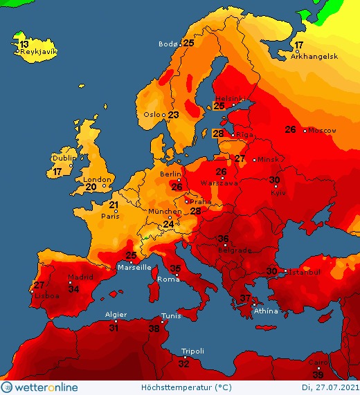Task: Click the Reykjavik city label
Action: pos(38,52)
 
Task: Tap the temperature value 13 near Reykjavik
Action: pos(24,44)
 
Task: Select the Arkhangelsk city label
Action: pos(314,57)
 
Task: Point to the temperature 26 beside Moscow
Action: pos(291,129)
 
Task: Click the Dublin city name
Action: pos(63,158)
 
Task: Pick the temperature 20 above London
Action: pos(91,187)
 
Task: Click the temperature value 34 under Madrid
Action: pos(73,288)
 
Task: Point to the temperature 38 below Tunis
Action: pos(154,329)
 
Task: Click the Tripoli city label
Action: pos(192,351)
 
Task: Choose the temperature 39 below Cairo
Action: pos(318,374)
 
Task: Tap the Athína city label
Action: pos(267,311)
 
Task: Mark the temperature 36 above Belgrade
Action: pos(223,239)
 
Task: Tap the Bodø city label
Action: pos(168,44)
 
